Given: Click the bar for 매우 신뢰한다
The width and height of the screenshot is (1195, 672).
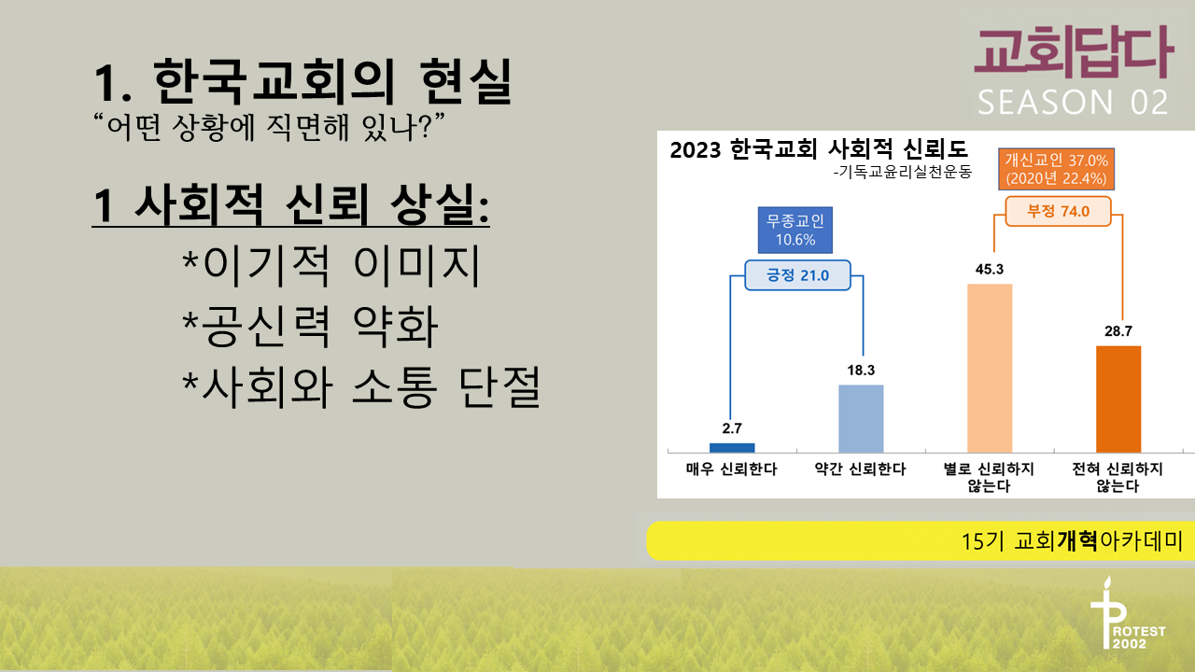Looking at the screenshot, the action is pos(732,448).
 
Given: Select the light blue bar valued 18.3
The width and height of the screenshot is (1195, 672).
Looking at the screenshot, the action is pos(861,419).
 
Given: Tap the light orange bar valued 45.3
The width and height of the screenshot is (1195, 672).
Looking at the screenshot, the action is pos(990,368).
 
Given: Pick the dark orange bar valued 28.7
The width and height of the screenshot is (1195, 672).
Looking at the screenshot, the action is pos(1118,399).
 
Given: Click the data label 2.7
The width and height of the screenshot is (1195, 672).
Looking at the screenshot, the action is pos(732,428).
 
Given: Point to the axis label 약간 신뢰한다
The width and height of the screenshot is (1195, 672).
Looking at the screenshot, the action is pos(861,469).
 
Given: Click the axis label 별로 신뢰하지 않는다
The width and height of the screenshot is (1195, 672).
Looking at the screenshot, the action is pos(989,477).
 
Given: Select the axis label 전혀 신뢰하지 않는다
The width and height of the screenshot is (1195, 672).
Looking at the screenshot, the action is pos(1118,477).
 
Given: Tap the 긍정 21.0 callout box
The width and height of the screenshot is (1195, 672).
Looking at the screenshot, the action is pos(797,275).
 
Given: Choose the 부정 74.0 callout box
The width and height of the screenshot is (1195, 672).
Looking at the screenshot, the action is pos(1059,211).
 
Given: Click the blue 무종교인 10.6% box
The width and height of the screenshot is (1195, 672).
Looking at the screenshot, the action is pos(795,230).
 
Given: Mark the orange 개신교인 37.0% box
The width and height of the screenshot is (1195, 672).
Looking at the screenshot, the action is pos(1056,169).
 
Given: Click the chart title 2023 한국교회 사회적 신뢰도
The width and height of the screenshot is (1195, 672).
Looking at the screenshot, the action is pos(819,149).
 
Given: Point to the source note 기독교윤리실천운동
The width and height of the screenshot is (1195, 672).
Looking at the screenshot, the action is pos(903,172).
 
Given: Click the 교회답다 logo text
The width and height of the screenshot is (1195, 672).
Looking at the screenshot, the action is pos(1074,53).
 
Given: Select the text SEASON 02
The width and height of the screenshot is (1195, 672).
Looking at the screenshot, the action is pos(1073,103).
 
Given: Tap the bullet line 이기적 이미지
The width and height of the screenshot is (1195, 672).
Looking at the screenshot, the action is pos(331,265).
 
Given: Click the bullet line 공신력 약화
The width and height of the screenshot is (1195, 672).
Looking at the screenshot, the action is pos(310,327).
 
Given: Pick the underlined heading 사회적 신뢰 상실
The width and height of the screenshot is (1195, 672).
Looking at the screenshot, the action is pos(290,205).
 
